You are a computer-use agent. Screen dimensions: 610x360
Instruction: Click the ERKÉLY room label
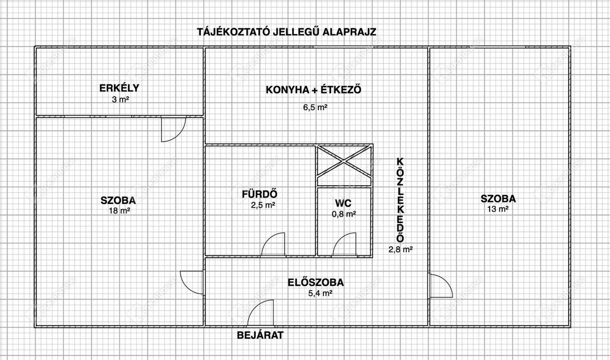click(119, 88)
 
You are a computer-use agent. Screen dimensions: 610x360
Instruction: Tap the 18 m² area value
click(119, 211)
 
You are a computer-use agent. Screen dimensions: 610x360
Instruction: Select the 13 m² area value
click(498, 209)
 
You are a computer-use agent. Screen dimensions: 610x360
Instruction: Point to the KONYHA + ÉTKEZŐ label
click(314, 89)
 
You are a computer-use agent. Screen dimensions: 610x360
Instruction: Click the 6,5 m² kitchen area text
click(315, 107)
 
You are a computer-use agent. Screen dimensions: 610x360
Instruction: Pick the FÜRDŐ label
click(260, 194)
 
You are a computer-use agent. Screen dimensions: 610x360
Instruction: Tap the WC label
click(343, 203)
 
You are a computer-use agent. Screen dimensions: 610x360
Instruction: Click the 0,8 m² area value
click(344, 214)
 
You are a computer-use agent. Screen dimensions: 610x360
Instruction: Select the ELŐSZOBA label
click(316, 282)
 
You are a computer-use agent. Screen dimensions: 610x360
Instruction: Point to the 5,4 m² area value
click(320, 293)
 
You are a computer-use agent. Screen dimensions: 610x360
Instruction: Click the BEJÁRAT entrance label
click(260, 335)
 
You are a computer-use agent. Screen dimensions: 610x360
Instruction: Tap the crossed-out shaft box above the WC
click(345, 165)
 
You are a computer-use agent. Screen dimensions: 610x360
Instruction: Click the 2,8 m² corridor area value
click(401, 250)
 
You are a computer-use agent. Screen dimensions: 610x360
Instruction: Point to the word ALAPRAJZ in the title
click(349, 32)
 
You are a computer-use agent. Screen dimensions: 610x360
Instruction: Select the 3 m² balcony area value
click(120, 99)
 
